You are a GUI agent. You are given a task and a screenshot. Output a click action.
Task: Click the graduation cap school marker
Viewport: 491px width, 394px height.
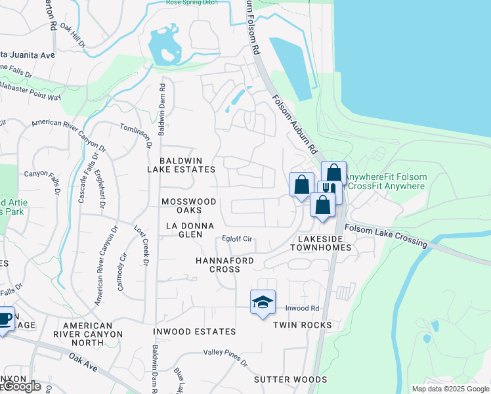pyautogui.click(x=263, y=302)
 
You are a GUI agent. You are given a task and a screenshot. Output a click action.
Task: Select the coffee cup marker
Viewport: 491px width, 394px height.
pyautogui.click(x=5, y=319)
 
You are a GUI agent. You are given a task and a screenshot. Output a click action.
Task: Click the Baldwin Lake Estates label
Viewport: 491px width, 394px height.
pyautogui.click(x=187, y=165)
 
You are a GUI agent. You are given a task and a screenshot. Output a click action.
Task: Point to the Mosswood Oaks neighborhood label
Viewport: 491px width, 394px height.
pyautogui.click(x=188, y=206)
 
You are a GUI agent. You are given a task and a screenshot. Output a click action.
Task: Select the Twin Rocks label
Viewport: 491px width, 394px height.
pyautogui.click(x=303, y=325)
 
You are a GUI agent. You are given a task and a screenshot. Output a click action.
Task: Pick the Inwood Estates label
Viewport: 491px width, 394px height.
pyautogui.click(x=194, y=332)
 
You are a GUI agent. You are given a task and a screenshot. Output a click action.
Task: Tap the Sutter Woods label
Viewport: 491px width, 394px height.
pyautogui.click(x=290, y=380)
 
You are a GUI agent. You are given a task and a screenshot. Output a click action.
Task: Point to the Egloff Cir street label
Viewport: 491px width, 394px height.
pyautogui.click(x=237, y=239)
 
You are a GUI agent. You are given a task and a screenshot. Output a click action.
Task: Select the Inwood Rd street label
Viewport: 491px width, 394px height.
pyautogui.click(x=302, y=308)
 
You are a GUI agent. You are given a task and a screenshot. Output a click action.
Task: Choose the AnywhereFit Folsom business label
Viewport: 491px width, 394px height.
pyautogui.click(x=386, y=177)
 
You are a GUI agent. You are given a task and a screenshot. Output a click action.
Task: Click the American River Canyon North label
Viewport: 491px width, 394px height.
pyautogui.click(x=93, y=330)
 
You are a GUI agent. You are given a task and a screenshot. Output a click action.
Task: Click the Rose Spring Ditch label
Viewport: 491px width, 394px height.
pyautogui.click(x=192, y=3)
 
